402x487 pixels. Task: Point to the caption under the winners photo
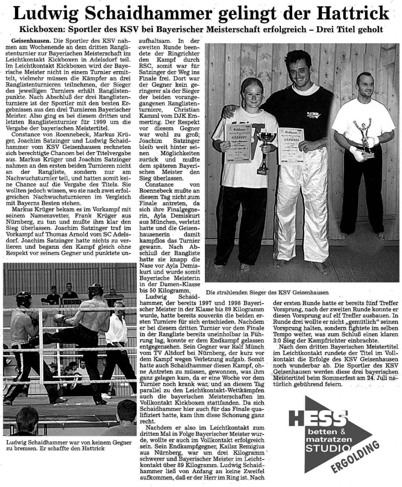click(267, 292)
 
